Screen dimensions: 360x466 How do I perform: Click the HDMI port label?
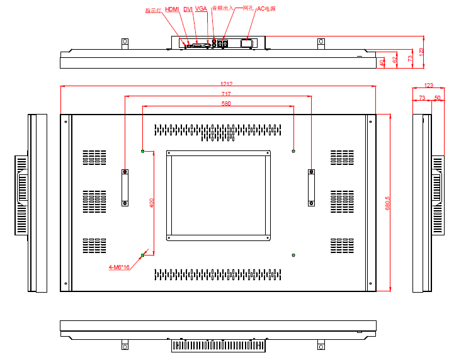(172, 9)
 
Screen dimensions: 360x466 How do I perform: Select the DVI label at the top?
(188, 9)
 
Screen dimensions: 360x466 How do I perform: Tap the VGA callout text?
(201, 9)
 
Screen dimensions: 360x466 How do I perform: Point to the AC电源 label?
(266, 9)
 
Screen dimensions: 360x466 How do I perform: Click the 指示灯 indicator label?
(153, 10)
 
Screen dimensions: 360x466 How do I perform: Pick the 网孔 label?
(247, 9)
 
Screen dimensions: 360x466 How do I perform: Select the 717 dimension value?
(217, 94)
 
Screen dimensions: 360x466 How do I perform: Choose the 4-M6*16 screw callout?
(119, 267)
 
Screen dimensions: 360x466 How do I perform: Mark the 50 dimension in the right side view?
(437, 98)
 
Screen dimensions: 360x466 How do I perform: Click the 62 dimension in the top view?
(395, 60)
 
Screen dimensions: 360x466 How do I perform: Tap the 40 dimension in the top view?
(382, 62)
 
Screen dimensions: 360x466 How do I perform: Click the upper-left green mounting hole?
(143, 151)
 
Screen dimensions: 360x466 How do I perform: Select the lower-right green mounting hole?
(293, 254)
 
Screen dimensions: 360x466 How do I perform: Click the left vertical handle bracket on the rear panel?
(125, 187)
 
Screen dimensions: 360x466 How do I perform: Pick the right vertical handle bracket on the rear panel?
(311, 187)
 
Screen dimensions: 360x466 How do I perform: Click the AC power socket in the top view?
(247, 43)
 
